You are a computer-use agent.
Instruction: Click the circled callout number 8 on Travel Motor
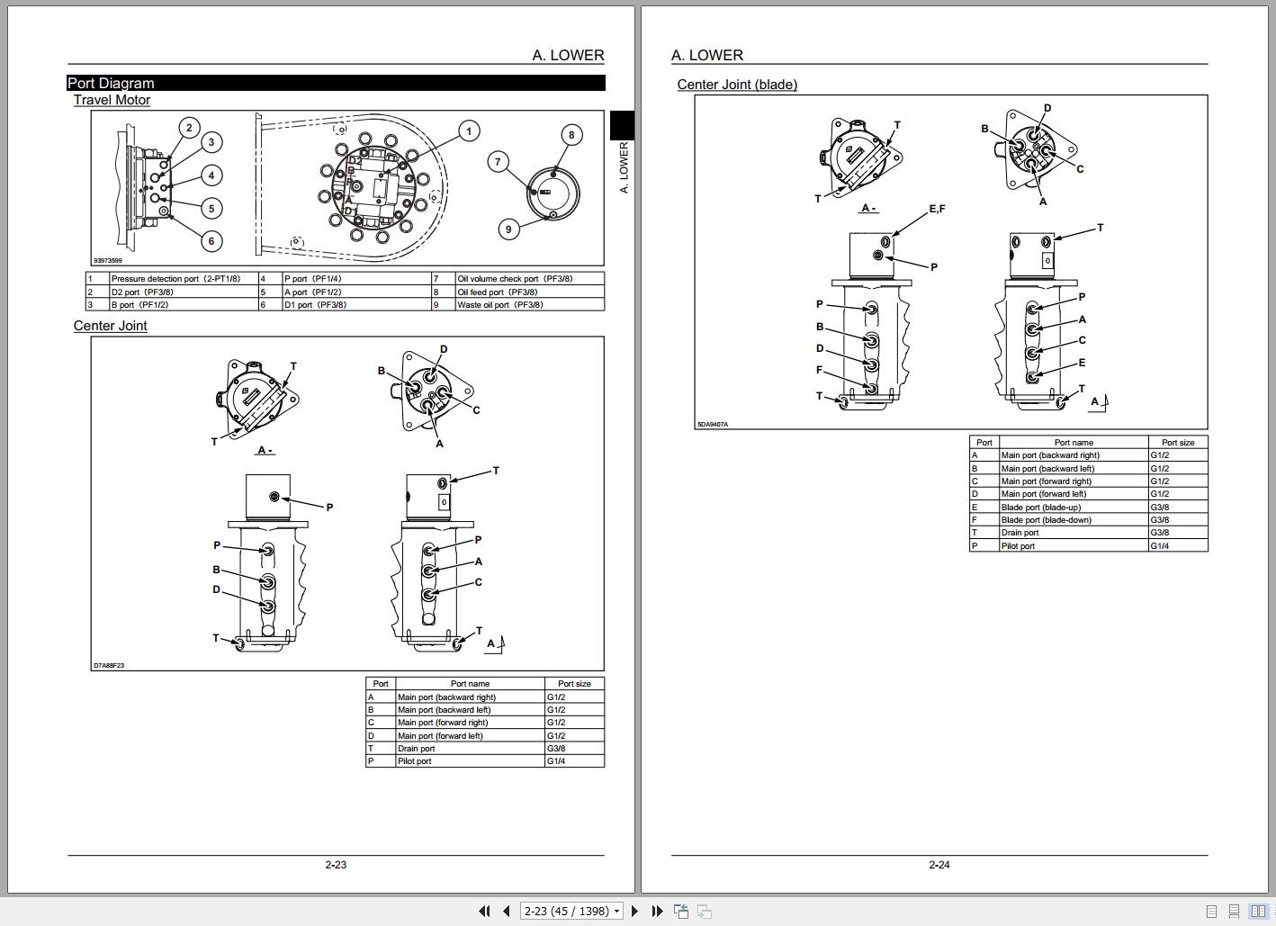tap(571, 135)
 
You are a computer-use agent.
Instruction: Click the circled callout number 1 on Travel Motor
tap(468, 131)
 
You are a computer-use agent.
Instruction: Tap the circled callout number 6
tap(211, 240)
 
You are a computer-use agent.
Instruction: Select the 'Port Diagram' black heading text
tap(112, 84)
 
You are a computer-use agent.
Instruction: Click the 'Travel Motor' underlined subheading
tap(112, 100)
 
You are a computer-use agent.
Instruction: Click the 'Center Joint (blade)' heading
tap(737, 85)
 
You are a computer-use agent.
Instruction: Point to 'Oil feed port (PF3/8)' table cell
tap(498, 292)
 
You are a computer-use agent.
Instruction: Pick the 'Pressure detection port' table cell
tap(176, 279)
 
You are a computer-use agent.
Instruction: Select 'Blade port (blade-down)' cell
tap(1046, 520)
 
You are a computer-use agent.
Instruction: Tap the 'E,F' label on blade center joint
tap(937, 209)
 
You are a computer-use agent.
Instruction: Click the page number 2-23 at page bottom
tap(336, 865)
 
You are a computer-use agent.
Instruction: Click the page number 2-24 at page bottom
tap(939, 865)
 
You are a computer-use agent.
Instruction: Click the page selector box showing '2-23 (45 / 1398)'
tap(572, 911)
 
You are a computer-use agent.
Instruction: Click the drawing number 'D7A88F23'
tap(109, 666)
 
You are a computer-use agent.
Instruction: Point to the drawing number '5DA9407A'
tap(713, 424)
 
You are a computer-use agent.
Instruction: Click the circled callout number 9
tap(508, 229)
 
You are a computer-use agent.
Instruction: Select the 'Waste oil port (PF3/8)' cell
tap(500, 305)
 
